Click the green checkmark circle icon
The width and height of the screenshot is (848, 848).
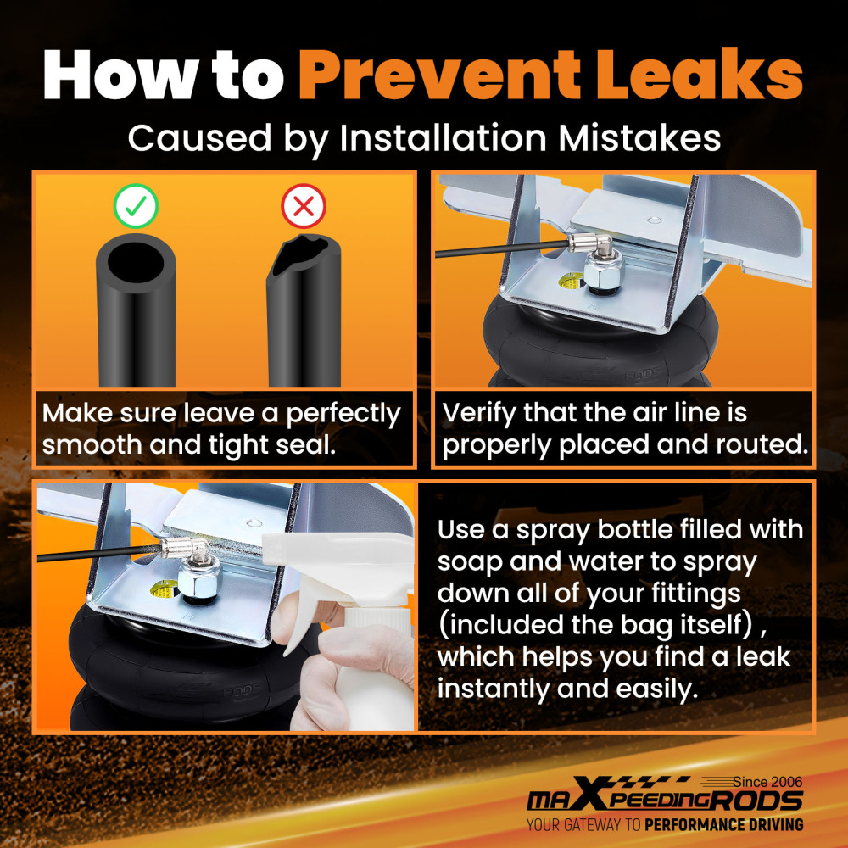136,206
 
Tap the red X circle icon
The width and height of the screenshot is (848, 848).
304,206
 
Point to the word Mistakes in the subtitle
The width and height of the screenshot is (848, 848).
639,137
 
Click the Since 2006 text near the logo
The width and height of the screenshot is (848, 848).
767,782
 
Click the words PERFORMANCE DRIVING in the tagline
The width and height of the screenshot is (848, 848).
723,825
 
